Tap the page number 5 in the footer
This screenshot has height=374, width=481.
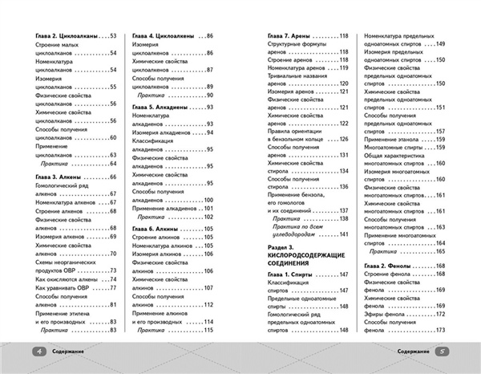point(443,351)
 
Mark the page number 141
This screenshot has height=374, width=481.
point(345,234)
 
